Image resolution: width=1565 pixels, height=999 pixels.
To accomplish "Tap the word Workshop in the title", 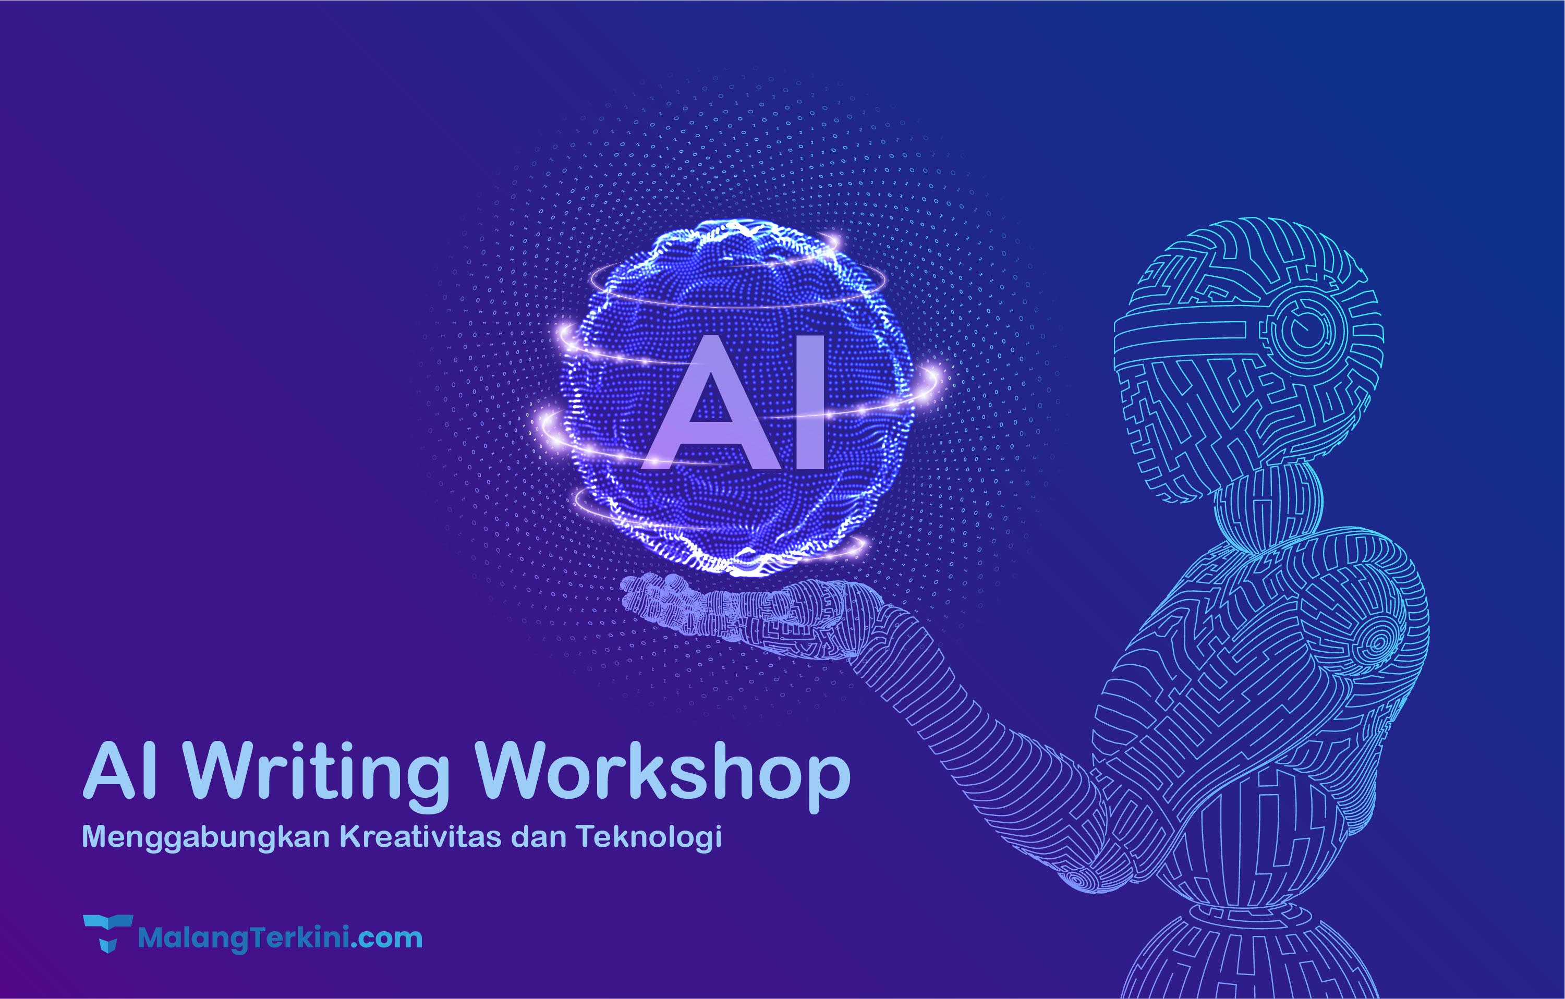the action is [x=662, y=775].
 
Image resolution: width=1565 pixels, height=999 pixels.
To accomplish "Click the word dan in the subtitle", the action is [x=539, y=836].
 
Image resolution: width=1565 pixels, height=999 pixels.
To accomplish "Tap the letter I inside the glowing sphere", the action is [x=810, y=401].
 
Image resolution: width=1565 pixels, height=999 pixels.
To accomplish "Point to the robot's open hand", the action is [x=734, y=614].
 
